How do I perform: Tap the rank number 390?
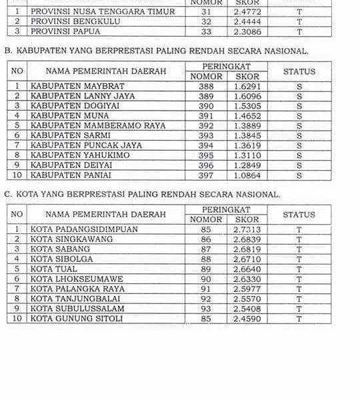[206, 105]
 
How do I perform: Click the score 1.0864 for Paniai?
[247, 175]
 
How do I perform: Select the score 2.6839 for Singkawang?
[247, 239]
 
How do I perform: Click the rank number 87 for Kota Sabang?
[206, 249]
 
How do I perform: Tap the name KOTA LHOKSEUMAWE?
[70, 279]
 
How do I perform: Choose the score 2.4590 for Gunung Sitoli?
[247, 319]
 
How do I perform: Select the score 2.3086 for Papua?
[247, 31]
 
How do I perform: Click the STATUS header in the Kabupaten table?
[299, 71]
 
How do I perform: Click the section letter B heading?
[7, 51]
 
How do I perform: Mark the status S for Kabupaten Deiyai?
[299, 165]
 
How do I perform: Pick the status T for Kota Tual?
[299, 269]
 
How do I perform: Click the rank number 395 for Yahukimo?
[206, 155]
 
